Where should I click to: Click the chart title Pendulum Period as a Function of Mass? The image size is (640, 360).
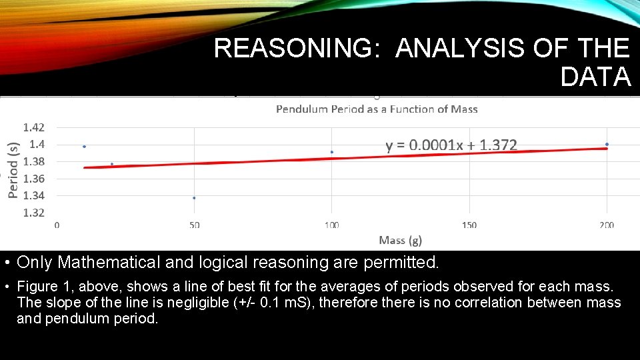click(377, 109)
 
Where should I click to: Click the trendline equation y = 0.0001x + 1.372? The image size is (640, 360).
click(451, 145)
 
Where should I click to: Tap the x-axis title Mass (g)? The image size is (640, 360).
click(400, 240)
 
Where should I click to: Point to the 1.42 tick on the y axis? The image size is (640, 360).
click(34, 127)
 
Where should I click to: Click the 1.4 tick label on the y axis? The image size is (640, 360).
click(37, 144)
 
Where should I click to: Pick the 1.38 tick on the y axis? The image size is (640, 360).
click(34, 161)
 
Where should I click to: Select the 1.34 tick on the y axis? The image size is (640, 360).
click(34, 195)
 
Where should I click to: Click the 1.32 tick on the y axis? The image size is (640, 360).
click(34, 213)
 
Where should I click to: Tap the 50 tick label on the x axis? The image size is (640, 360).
click(194, 225)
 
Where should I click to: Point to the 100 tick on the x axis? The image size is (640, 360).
click(331, 225)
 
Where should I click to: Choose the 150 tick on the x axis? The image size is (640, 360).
click(469, 225)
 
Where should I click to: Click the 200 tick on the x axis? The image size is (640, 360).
click(606, 225)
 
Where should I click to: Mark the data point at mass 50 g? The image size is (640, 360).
click(194, 197)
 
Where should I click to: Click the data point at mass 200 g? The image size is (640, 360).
click(607, 144)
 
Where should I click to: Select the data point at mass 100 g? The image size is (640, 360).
click(332, 152)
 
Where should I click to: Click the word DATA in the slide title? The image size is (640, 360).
click(595, 77)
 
